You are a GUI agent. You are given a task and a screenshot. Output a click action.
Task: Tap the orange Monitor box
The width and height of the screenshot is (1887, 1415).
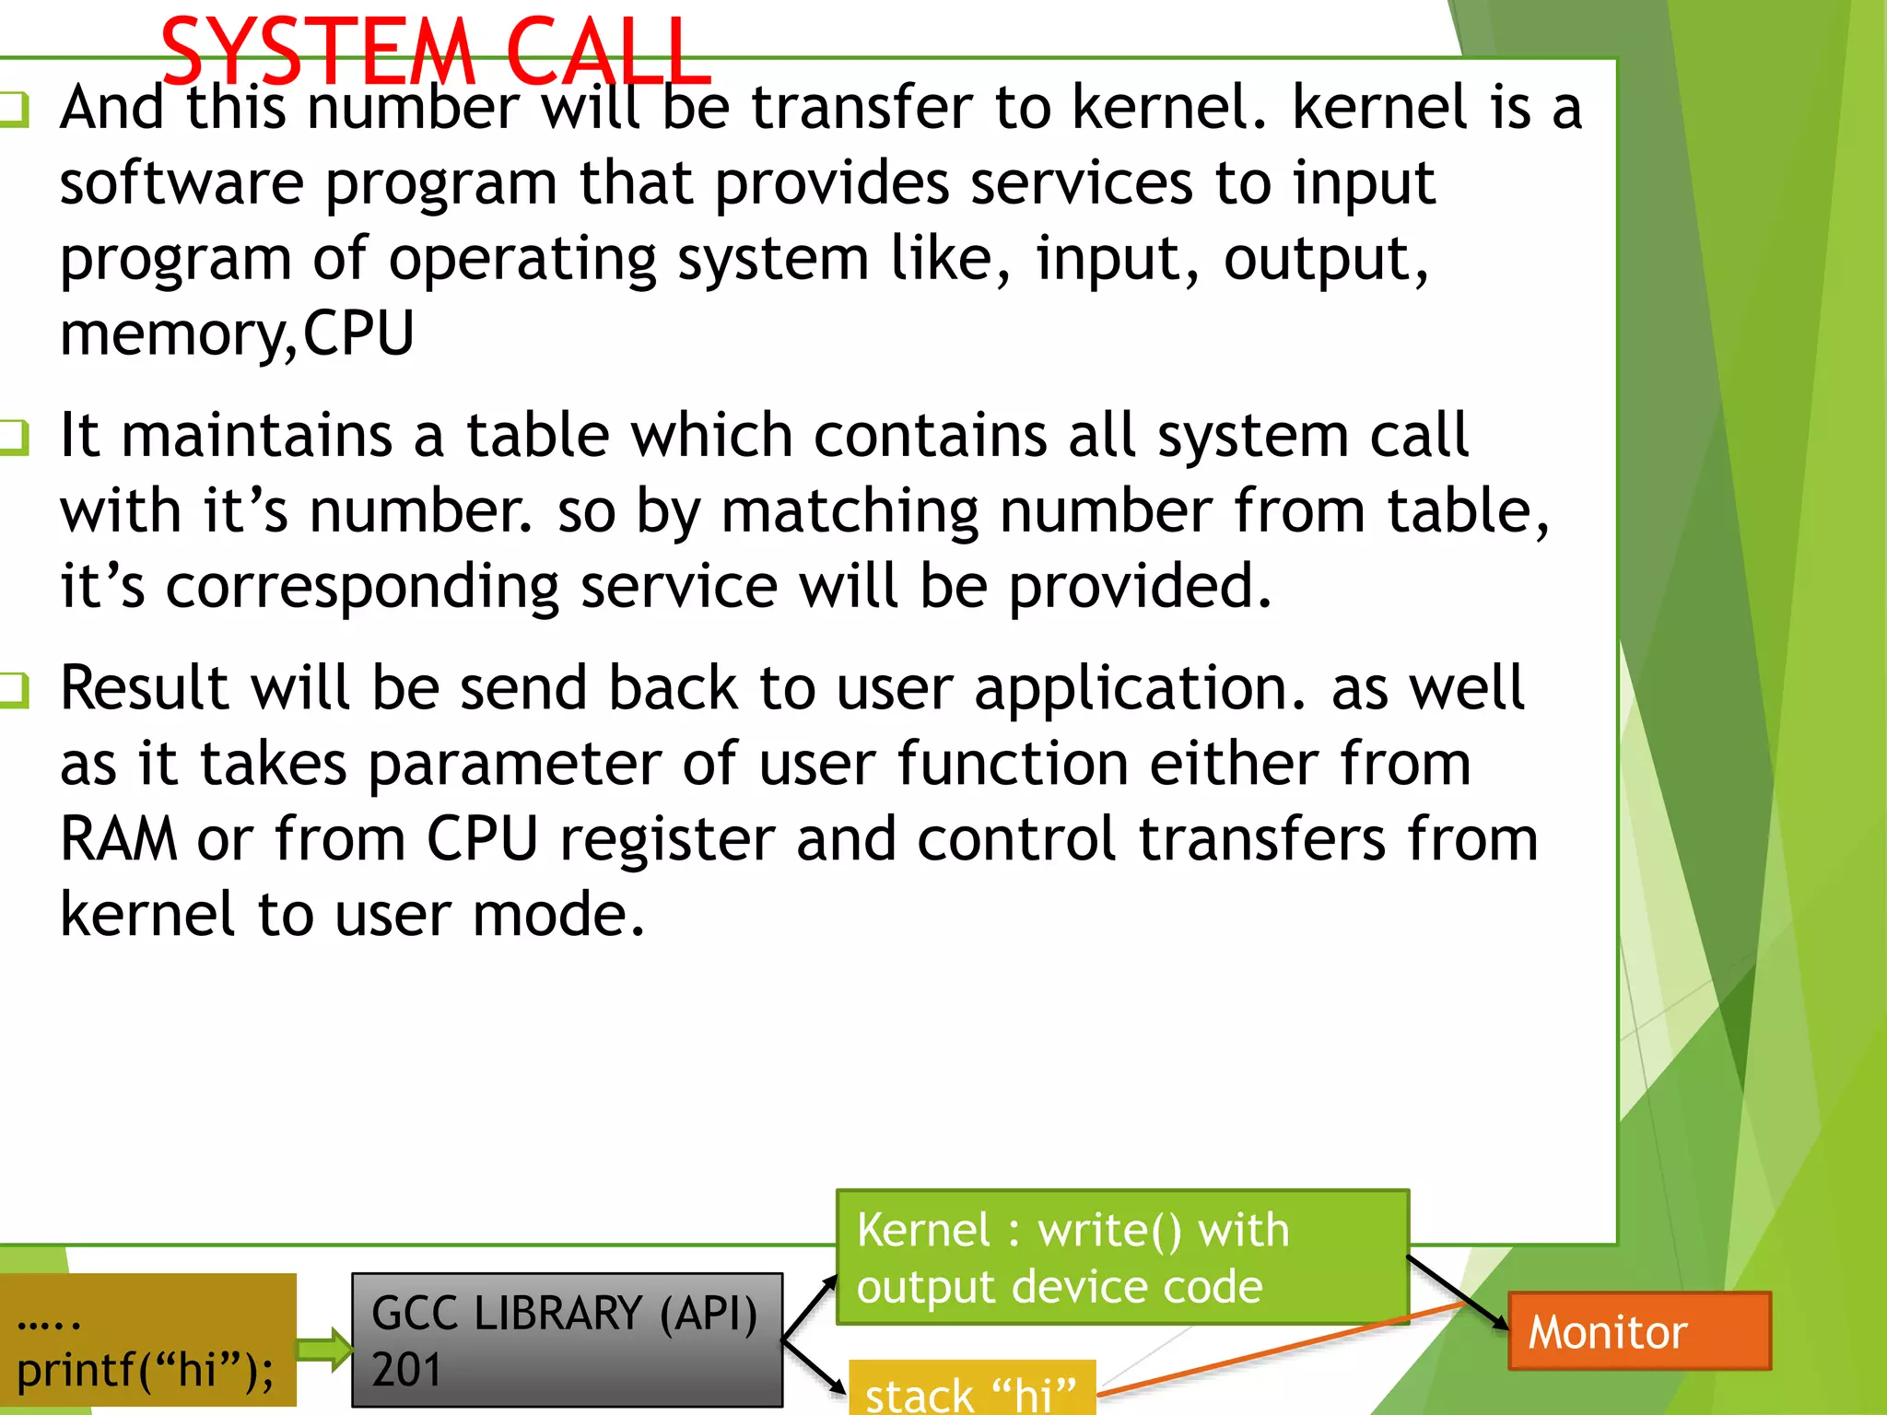pos(1638,1331)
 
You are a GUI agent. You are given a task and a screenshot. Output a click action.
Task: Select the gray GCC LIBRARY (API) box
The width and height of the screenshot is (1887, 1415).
pos(567,1339)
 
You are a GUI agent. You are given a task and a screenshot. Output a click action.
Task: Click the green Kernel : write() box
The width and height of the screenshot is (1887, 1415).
pos(1121,1257)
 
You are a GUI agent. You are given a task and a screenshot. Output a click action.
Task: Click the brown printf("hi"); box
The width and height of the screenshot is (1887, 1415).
pos(147,1340)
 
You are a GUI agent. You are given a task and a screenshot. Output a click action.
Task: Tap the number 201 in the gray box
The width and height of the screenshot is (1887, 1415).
pos(406,1369)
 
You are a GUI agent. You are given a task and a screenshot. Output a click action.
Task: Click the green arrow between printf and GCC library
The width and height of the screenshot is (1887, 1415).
pos(323,1350)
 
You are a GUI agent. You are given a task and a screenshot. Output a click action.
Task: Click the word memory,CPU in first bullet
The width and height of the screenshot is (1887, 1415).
pos(237,333)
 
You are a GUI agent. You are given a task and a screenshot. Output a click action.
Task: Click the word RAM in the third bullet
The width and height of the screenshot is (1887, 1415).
pos(118,838)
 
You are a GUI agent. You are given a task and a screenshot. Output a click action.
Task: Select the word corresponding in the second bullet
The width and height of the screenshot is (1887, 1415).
pos(362,587)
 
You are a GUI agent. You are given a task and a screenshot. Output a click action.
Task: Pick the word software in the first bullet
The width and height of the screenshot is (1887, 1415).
pos(182,183)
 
